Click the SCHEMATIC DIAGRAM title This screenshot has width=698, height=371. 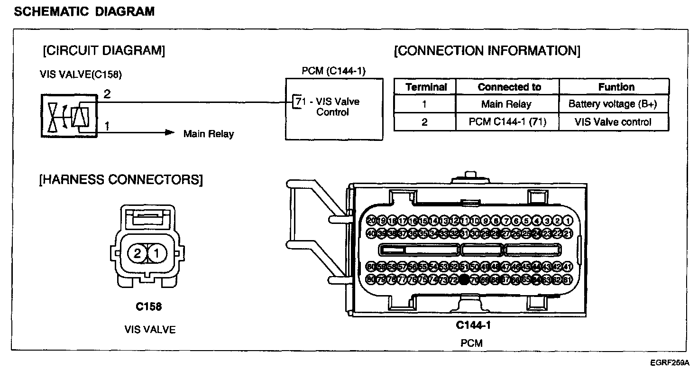coord(84,12)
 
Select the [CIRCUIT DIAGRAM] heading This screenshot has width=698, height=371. coord(104,51)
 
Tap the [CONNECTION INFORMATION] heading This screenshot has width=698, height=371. coord(487,51)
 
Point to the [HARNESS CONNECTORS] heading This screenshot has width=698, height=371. coord(121,180)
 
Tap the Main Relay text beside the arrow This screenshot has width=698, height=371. coord(209,134)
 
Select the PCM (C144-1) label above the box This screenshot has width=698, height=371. coord(334,71)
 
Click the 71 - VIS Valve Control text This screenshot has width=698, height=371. coord(329,107)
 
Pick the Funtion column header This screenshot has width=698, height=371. coord(616,87)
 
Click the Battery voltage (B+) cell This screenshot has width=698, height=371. coord(613,104)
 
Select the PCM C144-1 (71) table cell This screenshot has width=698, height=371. coord(507,122)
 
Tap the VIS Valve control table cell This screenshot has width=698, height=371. coord(613,122)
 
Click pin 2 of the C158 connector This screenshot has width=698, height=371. coord(137,254)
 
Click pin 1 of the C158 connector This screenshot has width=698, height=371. coord(158,254)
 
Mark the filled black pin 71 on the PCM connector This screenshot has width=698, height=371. coord(465,280)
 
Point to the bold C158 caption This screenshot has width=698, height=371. coord(149,307)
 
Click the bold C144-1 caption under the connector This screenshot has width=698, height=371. coord(473,325)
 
